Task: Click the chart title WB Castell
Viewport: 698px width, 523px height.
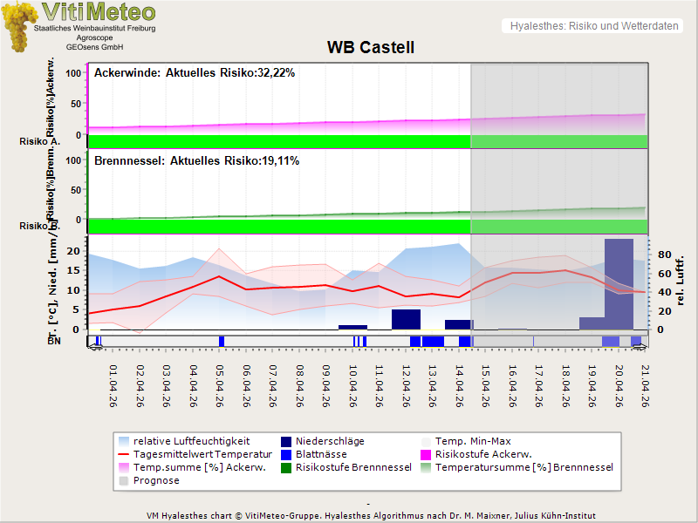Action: tap(370, 48)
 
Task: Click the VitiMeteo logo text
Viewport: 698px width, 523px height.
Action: tap(99, 12)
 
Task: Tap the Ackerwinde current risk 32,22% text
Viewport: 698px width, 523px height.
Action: tap(195, 73)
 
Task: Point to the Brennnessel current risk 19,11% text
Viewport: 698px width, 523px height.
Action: tap(196, 161)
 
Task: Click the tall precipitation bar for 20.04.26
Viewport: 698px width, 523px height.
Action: tap(619, 283)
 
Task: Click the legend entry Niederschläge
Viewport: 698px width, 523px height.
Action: tap(330, 441)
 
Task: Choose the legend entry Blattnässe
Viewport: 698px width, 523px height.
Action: tap(321, 454)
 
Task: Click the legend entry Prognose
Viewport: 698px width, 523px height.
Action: tap(156, 480)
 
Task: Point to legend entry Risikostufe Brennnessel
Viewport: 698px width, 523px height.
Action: tap(353, 467)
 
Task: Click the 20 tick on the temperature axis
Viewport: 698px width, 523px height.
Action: tap(74, 251)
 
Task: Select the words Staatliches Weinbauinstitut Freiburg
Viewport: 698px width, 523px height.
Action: tap(94, 29)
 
